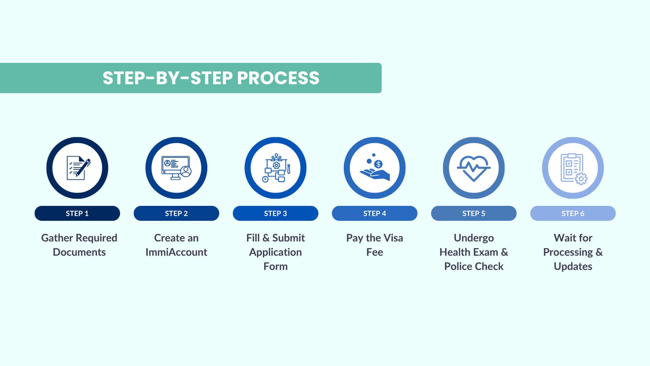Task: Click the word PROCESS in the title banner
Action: pos(278,78)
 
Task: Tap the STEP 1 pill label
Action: pos(77,213)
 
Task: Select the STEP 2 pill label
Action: pos(176,213)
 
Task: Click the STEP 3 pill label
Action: pos(276,213)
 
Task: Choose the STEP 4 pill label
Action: pos(375,213)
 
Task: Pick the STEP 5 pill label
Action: pos(474,213)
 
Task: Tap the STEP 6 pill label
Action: pos(573,213)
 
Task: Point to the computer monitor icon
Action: pos(176,168)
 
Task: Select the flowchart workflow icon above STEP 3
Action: pos(276,168)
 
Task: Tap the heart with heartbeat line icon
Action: pos(474,168)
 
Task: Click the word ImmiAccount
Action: pos(176,252)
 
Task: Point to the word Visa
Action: pos(393,238)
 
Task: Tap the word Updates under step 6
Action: pos(573,266)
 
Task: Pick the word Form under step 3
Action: pos(276,266)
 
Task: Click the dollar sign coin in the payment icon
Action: pos(378,164)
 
